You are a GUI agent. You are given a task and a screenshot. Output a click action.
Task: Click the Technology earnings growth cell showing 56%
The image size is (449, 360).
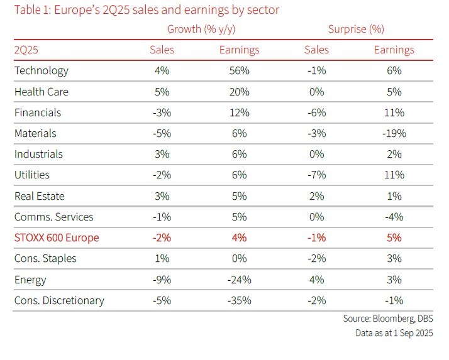click(240, 71)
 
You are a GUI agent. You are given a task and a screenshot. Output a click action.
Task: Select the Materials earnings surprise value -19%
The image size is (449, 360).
click(394, 133)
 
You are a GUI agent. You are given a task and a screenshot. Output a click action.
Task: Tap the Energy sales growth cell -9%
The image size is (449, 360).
click(162, 280)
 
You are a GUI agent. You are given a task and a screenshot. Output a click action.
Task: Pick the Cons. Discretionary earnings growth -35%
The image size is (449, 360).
click(239, 300)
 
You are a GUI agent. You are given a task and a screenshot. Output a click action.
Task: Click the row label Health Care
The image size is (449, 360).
click(42, 92)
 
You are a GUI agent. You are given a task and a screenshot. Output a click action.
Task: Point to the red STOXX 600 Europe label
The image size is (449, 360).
click(57, 238)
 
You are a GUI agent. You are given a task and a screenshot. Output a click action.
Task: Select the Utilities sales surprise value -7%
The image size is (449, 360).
click(317, 175)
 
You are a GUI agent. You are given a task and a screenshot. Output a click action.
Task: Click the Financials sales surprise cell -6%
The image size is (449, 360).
click(317, 112)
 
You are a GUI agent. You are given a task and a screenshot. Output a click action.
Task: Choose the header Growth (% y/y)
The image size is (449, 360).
click(202, 29)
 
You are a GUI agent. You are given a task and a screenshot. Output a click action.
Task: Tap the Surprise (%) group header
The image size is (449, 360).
click(356, 29)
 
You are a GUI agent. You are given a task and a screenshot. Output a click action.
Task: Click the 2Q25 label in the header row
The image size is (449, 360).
click(28, 50)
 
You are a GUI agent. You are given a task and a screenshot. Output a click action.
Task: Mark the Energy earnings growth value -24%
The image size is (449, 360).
click(239, 280)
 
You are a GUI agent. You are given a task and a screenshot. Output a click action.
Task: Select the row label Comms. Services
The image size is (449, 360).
click(54, 217)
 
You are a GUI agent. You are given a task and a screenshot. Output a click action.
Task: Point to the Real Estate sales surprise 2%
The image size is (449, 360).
click(317, 196)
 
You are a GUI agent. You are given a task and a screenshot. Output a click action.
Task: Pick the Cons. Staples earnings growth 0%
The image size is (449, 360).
click(240, 259)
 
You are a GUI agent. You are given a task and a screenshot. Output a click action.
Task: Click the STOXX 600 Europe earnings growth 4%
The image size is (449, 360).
click(240, 238)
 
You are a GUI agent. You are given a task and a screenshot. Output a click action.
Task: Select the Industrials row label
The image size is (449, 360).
click(39, 154)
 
